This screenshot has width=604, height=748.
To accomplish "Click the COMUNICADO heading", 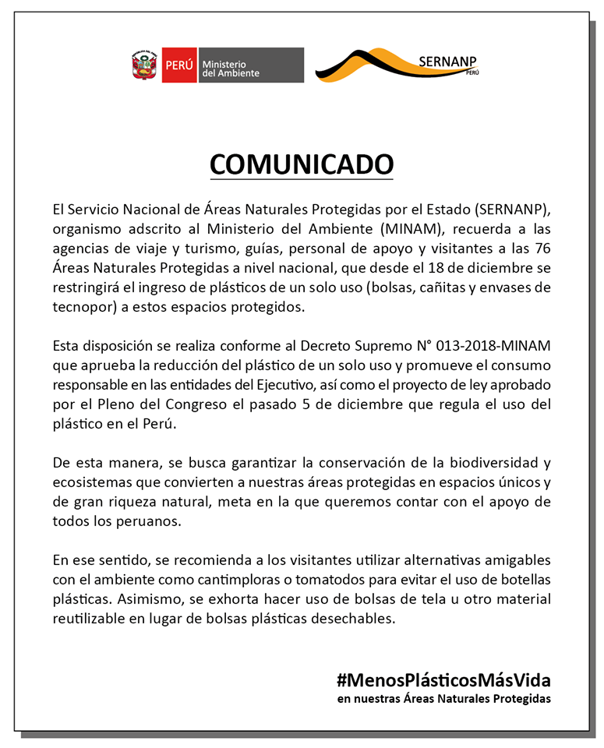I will [302, 164].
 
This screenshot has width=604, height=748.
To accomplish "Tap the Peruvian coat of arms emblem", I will [145, 66].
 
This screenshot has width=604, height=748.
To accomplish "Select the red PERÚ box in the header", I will [178, 66].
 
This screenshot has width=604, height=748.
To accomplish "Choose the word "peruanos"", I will [149, 520].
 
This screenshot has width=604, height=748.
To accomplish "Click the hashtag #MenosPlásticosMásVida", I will [444, 679].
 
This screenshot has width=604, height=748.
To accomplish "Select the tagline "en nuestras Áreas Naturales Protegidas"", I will [444, 699].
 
